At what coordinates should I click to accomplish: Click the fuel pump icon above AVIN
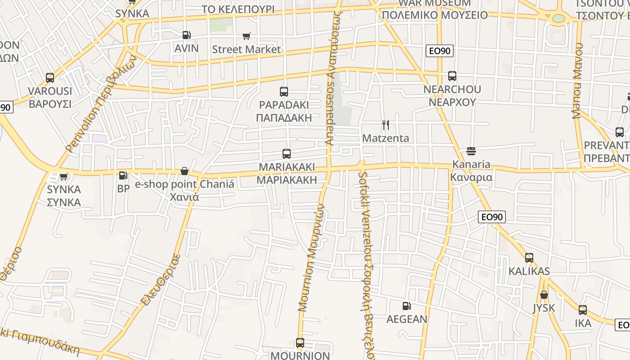(x=186, y=35)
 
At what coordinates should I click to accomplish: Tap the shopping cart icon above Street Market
(x=246, y=36)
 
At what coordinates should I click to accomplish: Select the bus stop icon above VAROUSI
(x=50, y=78)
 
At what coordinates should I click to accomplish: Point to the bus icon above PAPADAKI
(x=284, y=92)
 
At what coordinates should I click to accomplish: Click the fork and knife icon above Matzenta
(x=386, y=125)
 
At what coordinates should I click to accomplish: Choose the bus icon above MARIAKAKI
(x=287, y=154)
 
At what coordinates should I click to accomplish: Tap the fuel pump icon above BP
(x=123, y=175)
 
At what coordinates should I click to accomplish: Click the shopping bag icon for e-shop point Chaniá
(x=184, y=171)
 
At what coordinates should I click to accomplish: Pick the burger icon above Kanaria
(x=471, y=151)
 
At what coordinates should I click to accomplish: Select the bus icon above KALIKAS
(x=529, y=258)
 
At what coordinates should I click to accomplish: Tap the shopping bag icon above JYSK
(x=544, y=295)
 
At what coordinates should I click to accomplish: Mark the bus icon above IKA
(x=583, y=310)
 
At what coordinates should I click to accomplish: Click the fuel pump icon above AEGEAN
(x=406, y=306)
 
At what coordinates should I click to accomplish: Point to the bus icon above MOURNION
(x=300, y=343)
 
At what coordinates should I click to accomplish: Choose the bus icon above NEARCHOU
(x=452, y=76)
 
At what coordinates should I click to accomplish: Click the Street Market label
(x=246, y=49)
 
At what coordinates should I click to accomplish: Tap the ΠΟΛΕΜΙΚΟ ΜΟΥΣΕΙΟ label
(x=435, y=15)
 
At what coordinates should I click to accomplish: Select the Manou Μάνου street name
(x=578, y=81)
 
